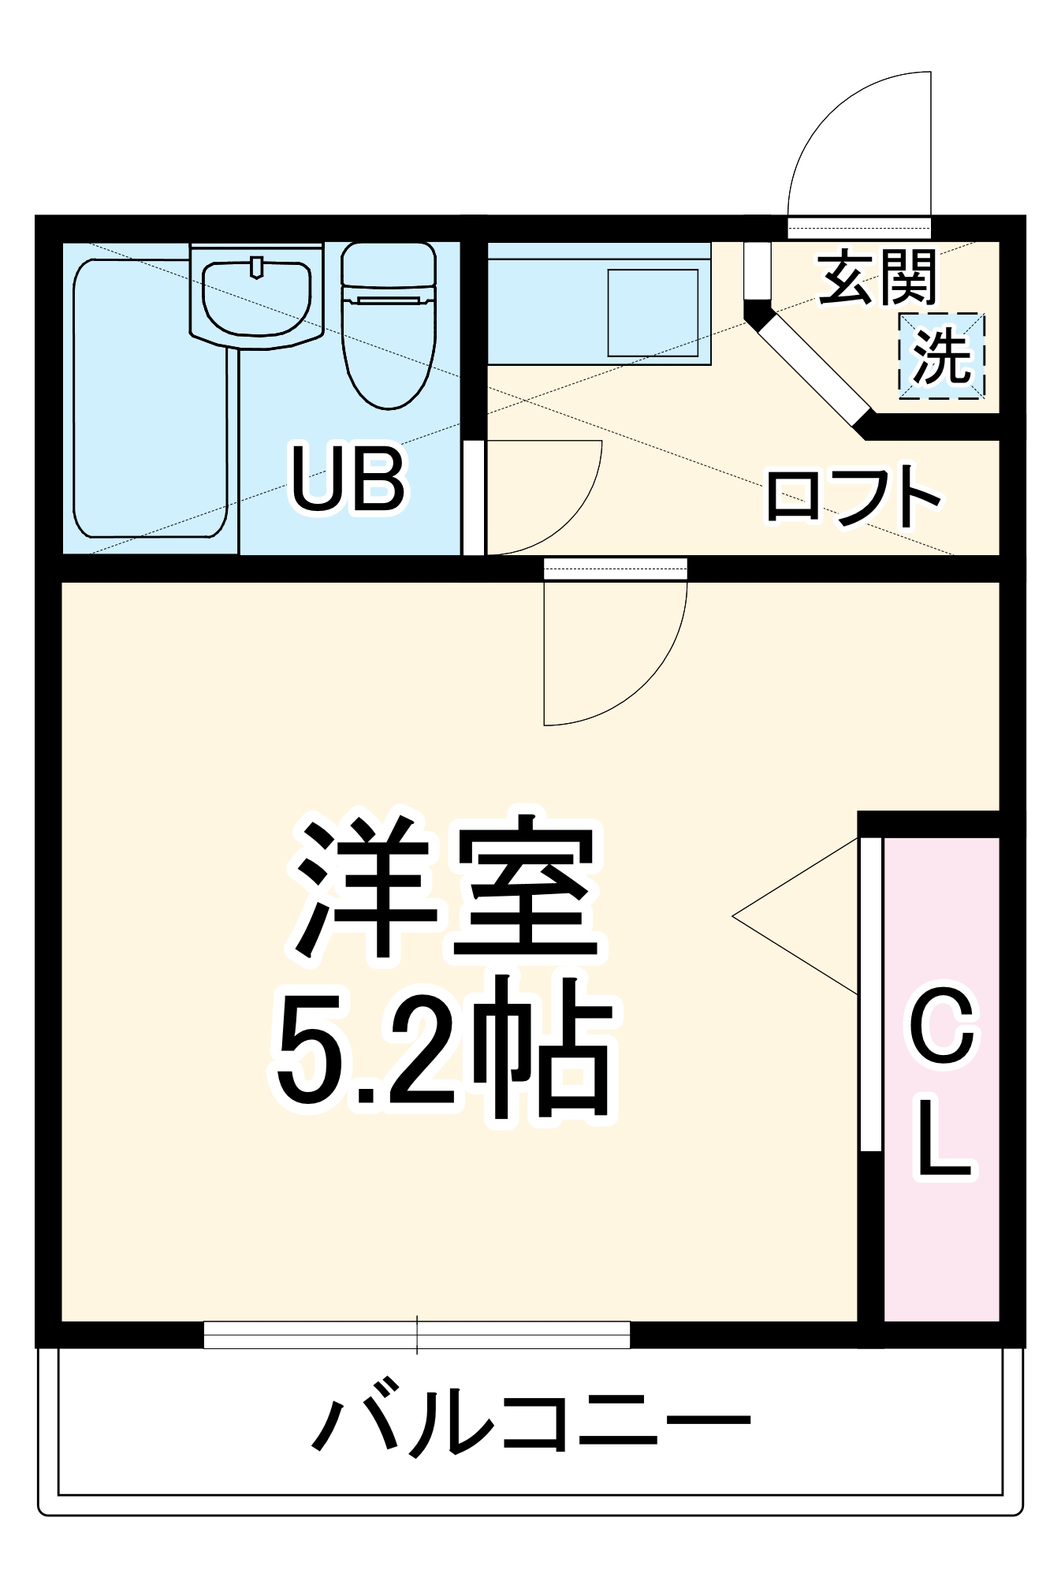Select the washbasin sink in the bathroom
(256, 297)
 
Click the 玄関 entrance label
(877, 277)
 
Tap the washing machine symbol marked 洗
(941, 356)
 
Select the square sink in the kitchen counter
(653, 312)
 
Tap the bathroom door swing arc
(568, 513)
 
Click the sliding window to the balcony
(417, 1334)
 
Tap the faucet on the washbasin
(256, 267)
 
